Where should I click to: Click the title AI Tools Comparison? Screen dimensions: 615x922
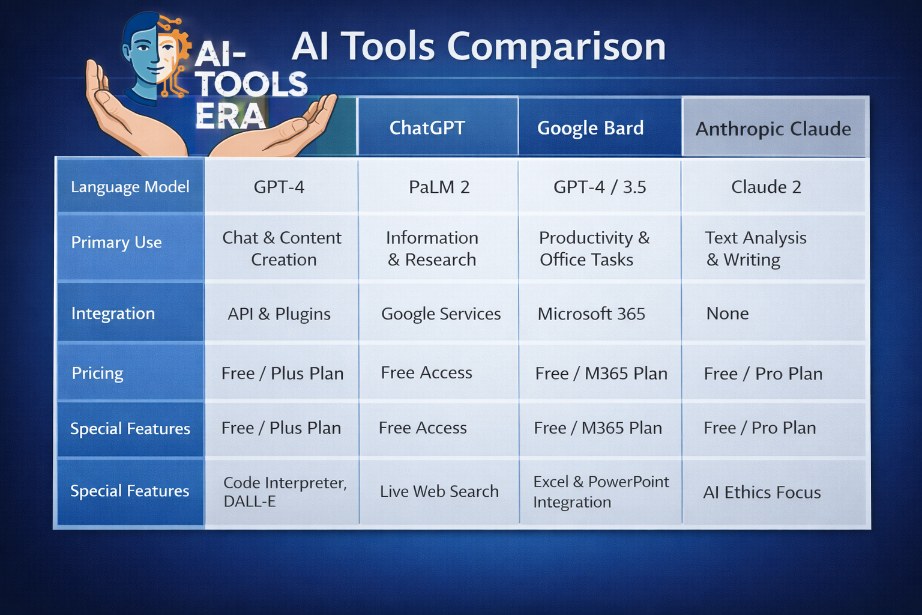(478, 47)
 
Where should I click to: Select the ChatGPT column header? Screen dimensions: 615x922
(427, 128)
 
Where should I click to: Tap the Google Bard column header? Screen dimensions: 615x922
(590, 128)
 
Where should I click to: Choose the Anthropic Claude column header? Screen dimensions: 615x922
(773, 129)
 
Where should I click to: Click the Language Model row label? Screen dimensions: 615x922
(130, 187)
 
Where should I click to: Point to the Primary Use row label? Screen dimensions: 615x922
(116, 243)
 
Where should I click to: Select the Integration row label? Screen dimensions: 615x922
(113, 314)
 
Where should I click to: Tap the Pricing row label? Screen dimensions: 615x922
(97, 373)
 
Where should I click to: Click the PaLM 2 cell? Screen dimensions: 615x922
(439, 187)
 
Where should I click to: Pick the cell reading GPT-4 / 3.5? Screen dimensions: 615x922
(600, 187)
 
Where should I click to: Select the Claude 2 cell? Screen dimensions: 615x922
(766, 187)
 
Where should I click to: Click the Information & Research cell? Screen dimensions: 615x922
(432, 249)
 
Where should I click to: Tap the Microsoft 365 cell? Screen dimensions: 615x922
(591, 314)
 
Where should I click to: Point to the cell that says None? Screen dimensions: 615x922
(728, 314)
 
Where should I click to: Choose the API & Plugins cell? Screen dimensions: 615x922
(279, 314)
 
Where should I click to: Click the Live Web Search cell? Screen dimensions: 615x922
(439, 491)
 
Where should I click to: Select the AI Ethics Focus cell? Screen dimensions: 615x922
(762, 492)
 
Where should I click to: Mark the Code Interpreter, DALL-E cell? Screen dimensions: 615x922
(285, 492)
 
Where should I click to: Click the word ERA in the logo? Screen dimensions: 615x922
(230, 116)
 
